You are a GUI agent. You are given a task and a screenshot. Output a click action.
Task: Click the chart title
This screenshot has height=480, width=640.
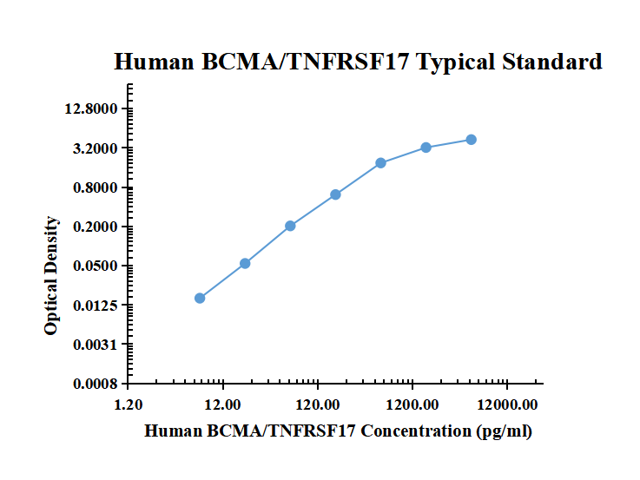[x=358, y=62]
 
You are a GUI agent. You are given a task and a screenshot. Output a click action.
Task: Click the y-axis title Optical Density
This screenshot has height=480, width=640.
[x=52, y=276]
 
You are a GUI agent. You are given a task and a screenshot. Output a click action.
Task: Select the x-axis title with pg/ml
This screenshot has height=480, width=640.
[x=338, y=431]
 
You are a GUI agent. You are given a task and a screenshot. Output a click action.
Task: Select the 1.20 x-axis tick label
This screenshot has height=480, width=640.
[x=129, y=404]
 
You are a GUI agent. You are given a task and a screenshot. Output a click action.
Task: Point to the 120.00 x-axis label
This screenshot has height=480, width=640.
[x=318, y=404]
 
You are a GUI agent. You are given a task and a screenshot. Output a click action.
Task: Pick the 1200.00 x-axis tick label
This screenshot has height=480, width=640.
[x=412, y=404]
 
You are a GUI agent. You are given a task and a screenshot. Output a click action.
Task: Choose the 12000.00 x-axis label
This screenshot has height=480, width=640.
[x=507, y=404]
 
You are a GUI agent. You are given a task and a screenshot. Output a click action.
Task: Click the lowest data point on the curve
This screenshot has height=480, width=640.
[x=200, y=298]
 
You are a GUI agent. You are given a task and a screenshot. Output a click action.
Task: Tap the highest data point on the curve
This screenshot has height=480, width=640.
[x=471, y=140]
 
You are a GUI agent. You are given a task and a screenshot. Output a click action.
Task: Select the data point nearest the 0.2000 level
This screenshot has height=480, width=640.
[x=290, y=226]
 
